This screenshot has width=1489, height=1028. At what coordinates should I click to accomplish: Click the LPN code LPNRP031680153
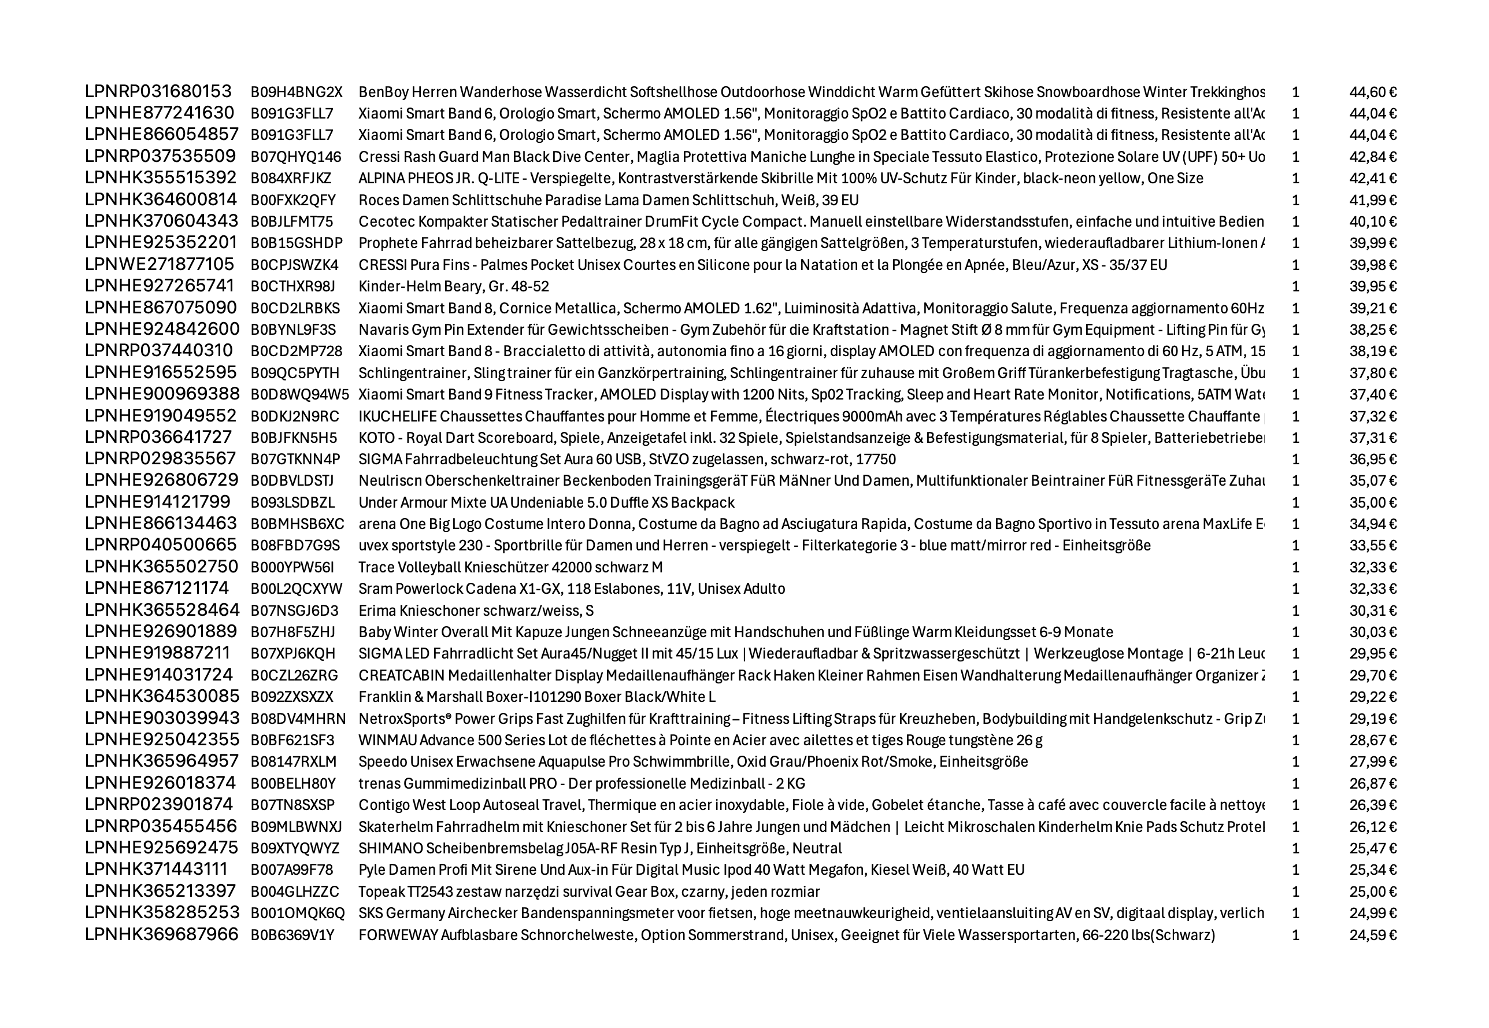158,91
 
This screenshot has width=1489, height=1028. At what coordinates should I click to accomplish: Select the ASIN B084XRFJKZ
290,179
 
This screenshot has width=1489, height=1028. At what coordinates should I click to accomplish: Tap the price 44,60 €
1372,92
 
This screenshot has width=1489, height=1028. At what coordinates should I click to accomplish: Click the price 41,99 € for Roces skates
1372,200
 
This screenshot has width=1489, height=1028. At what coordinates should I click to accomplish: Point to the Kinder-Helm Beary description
453,287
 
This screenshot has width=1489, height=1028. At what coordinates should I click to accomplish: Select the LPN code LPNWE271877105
160,265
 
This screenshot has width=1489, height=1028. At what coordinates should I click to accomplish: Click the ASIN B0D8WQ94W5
299,394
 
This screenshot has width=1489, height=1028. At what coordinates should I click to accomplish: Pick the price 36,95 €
1372,459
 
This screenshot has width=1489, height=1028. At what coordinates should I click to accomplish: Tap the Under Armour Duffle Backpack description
546,502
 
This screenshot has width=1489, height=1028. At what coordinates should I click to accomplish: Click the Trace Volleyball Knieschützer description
510,567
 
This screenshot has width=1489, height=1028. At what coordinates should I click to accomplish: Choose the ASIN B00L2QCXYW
296,589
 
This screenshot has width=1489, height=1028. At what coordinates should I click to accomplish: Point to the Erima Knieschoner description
476,611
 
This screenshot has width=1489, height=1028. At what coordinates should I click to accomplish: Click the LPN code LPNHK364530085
162,696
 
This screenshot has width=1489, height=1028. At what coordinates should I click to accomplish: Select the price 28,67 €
1372,740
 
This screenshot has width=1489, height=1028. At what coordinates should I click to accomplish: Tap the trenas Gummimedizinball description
581,783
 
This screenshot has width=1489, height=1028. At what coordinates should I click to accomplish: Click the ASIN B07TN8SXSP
292,805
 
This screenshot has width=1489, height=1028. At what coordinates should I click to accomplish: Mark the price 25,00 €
1372,892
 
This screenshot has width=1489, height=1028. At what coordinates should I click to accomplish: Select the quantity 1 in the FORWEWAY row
1295,934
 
